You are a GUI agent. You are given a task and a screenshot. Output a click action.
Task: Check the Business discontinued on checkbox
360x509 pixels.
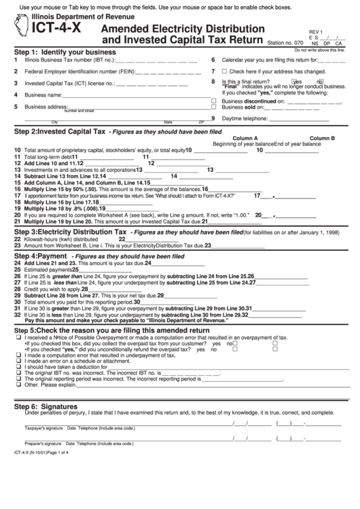[214, 100]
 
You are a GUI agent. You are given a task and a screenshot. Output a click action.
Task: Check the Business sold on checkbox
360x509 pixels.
[214, 107]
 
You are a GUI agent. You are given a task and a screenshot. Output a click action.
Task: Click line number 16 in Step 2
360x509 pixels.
[17, 189]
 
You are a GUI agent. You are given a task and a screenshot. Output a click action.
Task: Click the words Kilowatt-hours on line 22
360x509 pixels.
[42, 239]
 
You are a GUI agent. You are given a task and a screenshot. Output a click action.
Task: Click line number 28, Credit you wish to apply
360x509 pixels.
[17, 288]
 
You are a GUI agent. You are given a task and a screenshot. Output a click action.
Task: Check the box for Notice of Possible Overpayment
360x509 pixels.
[17, 337]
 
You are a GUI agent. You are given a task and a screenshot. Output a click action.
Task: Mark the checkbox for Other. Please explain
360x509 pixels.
[17, 384]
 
